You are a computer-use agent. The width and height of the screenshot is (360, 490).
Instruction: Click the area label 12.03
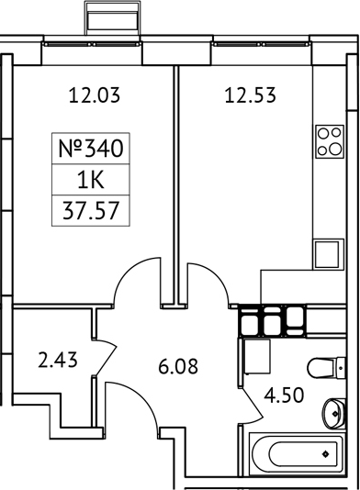pyautogui.click(x=96, y=93)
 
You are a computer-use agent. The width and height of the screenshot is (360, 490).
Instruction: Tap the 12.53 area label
pyautogui.click(x=250, y=93)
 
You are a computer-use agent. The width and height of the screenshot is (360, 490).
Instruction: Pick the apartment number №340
pyautogui.click(x=90, y=146)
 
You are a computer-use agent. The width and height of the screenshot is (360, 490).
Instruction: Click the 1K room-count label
pyautogui.click(x=90, y=180)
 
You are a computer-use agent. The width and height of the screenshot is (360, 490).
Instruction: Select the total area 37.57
pyautogui.click(x=90, y=212)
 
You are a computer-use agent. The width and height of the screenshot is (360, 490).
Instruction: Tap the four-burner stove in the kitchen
pyautogui.click(x=329, y=141)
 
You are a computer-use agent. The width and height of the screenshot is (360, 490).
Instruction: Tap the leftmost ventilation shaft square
pyautogui.click(x=250, y=320)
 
